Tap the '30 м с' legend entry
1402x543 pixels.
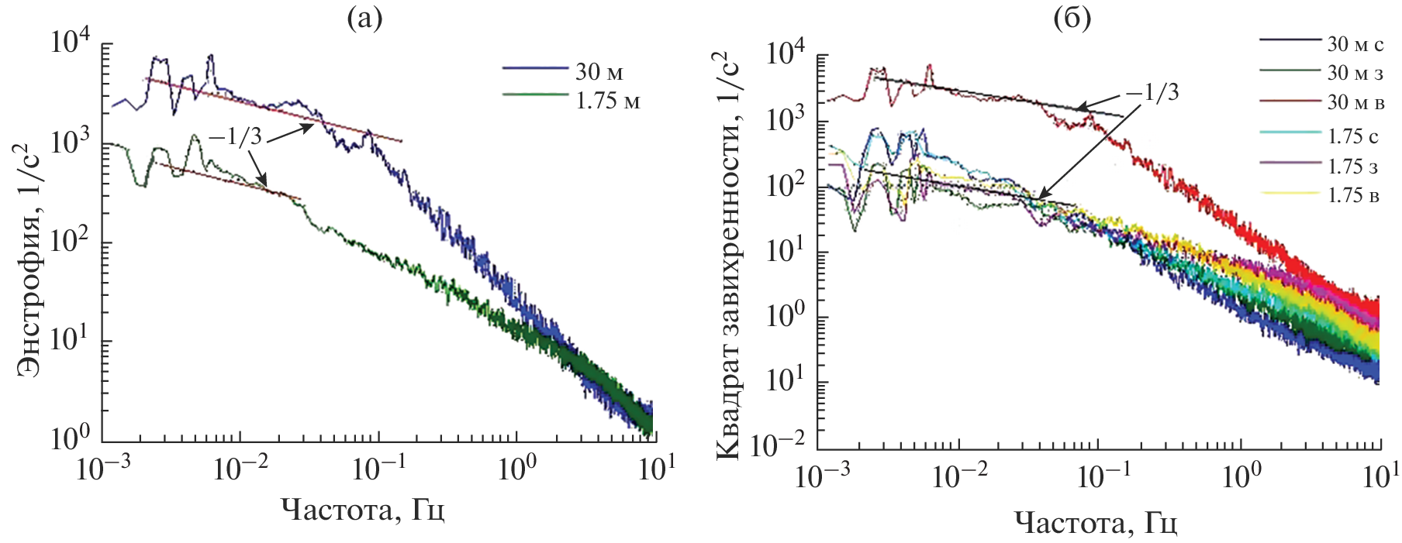coord(1355,43)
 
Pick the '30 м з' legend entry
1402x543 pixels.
coord(1355,73)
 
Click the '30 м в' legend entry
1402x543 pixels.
coord(1355,102)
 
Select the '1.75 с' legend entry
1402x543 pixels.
coord(1353,137)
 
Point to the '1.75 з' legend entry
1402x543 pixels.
coord(1353,167)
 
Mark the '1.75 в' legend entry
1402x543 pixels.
coord(1353,195)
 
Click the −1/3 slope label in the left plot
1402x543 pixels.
coord(235,137)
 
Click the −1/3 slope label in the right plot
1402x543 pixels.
coord(1152,93)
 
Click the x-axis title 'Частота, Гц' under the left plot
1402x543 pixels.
coord(362,510)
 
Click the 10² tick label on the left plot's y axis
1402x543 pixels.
coord(70,241)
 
